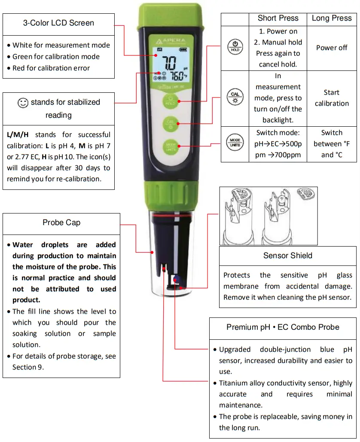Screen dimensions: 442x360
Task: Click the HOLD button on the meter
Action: [170, 101]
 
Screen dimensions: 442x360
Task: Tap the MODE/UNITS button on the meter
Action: [170, 146]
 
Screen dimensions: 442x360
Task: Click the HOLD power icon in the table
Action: [235, 48]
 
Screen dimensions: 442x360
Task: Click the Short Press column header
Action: [278, 18]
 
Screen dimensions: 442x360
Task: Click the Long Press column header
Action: [332, 18]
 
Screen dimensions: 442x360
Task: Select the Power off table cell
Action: [332, 48]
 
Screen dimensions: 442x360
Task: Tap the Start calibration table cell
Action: [332, 98]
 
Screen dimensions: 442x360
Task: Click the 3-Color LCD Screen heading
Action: [58, 23]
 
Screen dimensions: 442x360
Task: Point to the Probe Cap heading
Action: [61, 223]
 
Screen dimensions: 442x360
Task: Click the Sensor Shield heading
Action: [287, 256]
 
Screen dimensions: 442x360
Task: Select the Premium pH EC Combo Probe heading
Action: [283, 327]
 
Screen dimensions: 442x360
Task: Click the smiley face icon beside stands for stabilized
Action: [23, 103]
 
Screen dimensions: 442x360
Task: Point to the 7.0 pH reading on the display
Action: [169, 64]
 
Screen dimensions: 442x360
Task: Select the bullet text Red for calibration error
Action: [51, 68]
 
